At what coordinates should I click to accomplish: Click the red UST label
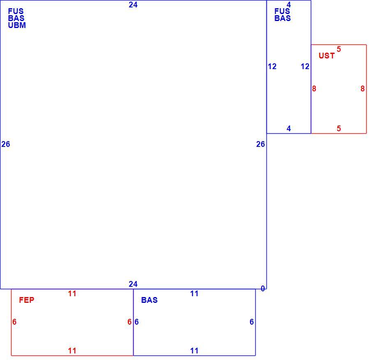[x=326, y=56]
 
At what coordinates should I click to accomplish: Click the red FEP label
[x=27, y=300]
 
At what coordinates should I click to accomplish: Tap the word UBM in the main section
[x=17, y=25]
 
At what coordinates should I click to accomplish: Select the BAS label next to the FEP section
[x=149, y=300]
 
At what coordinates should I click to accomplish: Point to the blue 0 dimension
[x=263, y=288]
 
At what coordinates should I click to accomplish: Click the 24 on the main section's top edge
[x=133, y=5]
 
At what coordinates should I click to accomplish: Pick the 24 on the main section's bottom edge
[x=133, y=284]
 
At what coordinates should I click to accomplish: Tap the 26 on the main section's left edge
[x=6, y=144]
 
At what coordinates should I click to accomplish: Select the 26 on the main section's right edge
[x=261, y=144]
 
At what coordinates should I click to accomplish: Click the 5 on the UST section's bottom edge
[x=339, y=128]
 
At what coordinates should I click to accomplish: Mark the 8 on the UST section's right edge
[x=363, y=88]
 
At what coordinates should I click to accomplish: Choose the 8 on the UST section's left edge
[x=314, y=88]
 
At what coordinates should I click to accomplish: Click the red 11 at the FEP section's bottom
[x=72, y=351]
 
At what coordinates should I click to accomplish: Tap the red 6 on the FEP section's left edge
[x=14, y=322]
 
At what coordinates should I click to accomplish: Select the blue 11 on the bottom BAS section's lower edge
[x=194, y=351]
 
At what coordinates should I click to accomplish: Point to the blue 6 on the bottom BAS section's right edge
[x=252, y=322]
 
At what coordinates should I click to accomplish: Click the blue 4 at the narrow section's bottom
[x=289, y=128]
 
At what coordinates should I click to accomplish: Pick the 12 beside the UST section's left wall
[x=305, y=66]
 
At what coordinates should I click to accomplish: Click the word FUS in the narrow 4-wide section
[x=282, y=11]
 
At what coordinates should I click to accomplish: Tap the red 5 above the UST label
[x=339, y=49]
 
